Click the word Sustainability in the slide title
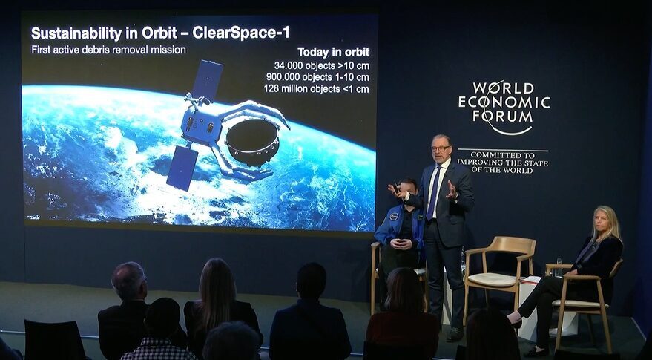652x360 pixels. tap(76, 33)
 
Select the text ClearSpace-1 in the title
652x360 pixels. tap(241, 33)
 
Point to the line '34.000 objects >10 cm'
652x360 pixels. tap(321, 65)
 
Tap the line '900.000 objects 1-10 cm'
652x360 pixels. tap(317, 77)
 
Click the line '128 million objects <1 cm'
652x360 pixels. tap(317, 88)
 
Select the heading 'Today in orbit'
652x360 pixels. tap(334, 53)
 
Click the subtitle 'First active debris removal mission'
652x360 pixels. tap(108, 50)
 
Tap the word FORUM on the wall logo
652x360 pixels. tap(503, 117)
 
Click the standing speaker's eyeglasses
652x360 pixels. tap(441, 148)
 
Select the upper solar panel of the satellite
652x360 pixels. tap(207, 80)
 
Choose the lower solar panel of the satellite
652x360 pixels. tap(182, 168)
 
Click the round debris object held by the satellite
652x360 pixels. tap(252, 143)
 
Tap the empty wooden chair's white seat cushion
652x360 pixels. tap(493, 280)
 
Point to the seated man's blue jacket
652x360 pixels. tap(399, 229)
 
